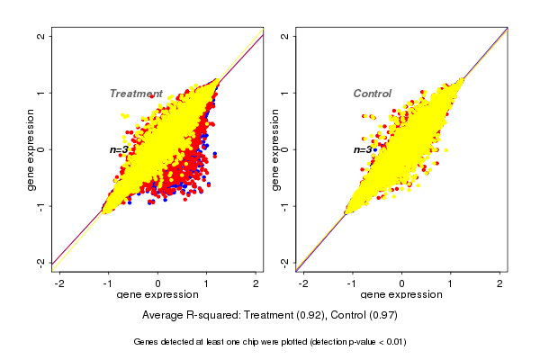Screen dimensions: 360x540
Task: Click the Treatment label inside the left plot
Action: [x=136, y=94]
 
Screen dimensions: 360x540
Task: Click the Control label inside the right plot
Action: [x=372, y=94]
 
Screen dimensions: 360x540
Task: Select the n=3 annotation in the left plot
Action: [x=120, y=149]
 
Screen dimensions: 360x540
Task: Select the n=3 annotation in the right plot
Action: [x=363, y=149]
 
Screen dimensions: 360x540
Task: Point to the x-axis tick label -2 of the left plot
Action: [x=59, y=283]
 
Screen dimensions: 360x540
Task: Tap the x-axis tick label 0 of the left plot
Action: [x=158, y=283]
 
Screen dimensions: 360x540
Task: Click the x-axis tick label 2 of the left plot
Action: [x=256, y=283]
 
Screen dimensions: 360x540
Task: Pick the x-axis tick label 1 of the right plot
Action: [x=451, y=283]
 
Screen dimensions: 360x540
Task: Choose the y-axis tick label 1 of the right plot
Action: [x=285, y=93]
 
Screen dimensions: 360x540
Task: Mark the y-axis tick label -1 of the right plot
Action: [x=285, y=206]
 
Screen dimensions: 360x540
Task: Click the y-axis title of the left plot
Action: [x=31, y=149]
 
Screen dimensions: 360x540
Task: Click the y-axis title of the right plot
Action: [x=275, y=149]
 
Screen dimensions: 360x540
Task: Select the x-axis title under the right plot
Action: [x=401, y=295]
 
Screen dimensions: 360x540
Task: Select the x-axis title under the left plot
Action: [x=157, y=295]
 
